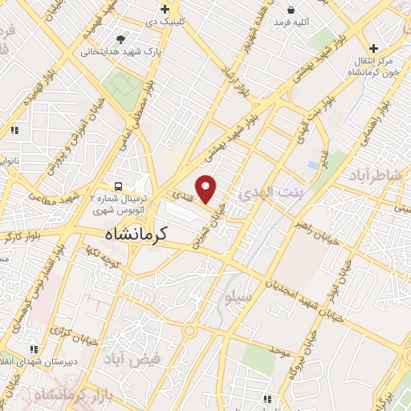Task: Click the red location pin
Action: (x=206, y=189)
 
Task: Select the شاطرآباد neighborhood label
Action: (x=376, y=174)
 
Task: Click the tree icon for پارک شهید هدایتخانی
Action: (x=120, y=39)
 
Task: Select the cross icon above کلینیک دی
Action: (x=165, y=10)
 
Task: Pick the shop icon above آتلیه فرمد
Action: (x=291, y=10)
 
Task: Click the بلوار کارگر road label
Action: (x=22, y=236)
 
